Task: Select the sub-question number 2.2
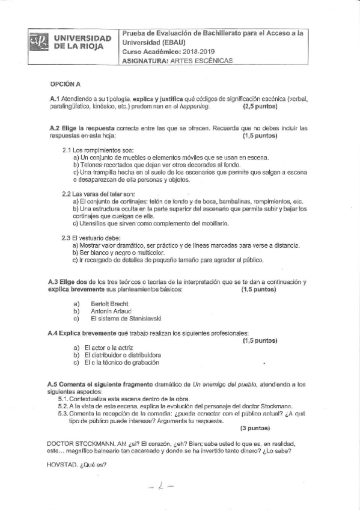[67, 194]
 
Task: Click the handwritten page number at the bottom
[162, 488]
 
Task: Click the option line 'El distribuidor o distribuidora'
[123, 355]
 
